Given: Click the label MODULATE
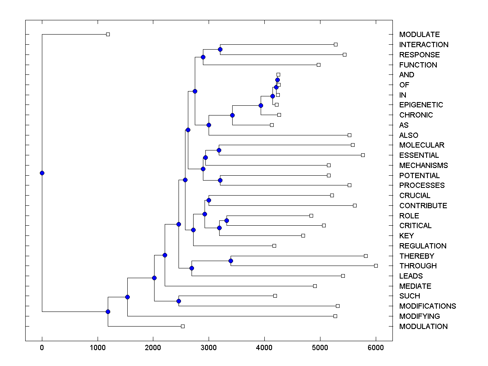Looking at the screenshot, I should pos(419,35).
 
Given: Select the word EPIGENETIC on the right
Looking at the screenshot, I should pos(421,105).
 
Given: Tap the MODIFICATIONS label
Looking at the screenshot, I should pos(427,306).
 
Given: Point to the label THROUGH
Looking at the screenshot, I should pos(418,266).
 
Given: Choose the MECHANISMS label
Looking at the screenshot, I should pos(423,166).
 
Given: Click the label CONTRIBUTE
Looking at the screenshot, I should pos(423,206).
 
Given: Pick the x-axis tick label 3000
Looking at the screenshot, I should pos(209,348).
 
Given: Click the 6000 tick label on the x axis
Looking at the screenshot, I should pos(376,348).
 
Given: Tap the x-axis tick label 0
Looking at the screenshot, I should pos(42,348).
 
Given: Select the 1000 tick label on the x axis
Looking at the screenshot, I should pos(98,348).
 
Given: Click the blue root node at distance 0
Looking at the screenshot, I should pos(42,173).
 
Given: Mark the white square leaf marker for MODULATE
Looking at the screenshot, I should pos(108,35).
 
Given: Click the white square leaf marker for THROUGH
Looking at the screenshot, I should pos(376,266).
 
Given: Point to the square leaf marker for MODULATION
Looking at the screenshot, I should pos(183,326).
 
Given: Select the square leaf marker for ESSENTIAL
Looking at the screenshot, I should pos(363,155).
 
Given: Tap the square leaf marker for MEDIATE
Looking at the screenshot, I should pos(315,286).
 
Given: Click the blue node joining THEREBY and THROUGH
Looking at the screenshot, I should pos(231,261).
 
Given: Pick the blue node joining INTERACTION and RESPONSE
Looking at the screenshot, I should pos(220,50).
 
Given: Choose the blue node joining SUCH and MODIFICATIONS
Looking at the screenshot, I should pos(179,301).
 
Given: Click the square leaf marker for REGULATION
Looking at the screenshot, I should pos(274,246).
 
